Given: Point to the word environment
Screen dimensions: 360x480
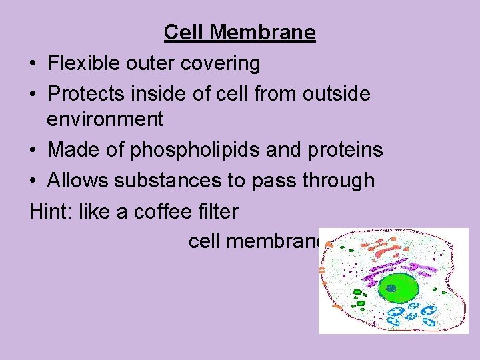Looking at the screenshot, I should point(105,119).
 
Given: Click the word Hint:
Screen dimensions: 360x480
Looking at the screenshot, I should point(51,211).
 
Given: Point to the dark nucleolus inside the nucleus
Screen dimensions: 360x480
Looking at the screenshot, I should point(391,288).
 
